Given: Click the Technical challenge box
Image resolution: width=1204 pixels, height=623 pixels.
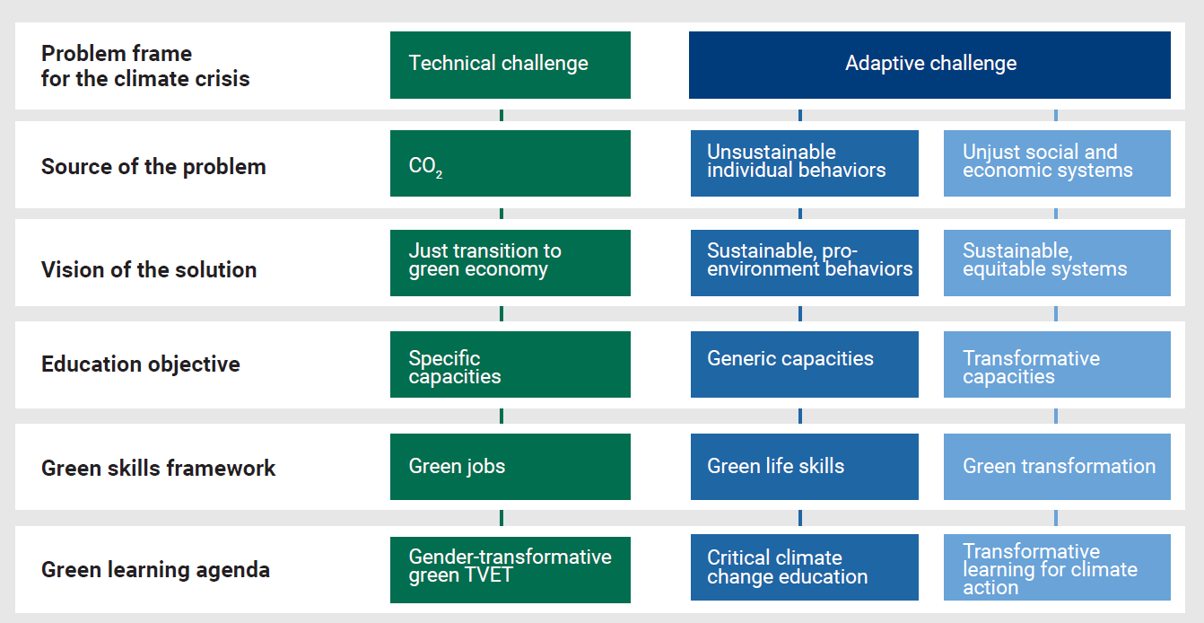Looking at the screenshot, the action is pyautogui.click(x=510, y=66).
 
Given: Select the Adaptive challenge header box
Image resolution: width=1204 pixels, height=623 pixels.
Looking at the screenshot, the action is pyautogui.click(x=929, y=66).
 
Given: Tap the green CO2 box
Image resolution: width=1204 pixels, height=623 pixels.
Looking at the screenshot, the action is pyautogui.click(x=510, y=163).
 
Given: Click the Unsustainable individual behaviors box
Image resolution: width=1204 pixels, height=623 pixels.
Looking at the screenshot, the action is pyautogui.click(x=805, y=163).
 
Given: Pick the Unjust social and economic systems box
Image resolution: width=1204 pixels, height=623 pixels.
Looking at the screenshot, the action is pyautogui.click(x=1057, y=163).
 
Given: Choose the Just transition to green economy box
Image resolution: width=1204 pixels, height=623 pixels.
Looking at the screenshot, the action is pyautogui.click(x=510, y=263).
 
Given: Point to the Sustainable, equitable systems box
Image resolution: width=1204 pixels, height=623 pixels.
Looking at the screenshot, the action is pyautogui.click(x=1057, y=263).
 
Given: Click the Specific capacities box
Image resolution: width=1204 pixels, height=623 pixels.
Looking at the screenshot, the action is pyautogui.click(x=510, y=364).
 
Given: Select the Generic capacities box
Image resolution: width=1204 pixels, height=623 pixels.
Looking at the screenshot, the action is pyautogui.click(x=805, y=364).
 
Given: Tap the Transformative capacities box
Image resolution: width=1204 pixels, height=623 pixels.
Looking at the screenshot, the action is pyautogui.click(x=1057, y=364).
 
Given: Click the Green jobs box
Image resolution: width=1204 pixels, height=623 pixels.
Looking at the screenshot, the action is pyautogui.click(x=510, y=467).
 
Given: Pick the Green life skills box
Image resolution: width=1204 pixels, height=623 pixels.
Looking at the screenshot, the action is pyautogui.click(x=805, y=467).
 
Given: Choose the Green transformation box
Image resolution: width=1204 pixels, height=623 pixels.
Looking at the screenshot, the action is pyautogui.click(x=1057, y=467).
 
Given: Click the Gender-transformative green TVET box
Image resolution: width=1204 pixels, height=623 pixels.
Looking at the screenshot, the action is pyautogui.click(x=510, y=570).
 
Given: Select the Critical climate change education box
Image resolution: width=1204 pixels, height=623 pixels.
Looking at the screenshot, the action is pyautogui.click(x=805, y=567).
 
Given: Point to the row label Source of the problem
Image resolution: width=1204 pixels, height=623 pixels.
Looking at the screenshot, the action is pyautogui.click(x=153, y=167).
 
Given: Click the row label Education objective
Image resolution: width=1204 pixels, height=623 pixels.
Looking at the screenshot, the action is pyautogui.click(x=141, y=364).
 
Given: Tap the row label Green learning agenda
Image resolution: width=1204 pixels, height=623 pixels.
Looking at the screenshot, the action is pyautogui.click(x=155, y=570).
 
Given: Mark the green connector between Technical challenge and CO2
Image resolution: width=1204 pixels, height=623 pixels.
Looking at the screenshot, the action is pyautogui.click(x=502, y=115).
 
